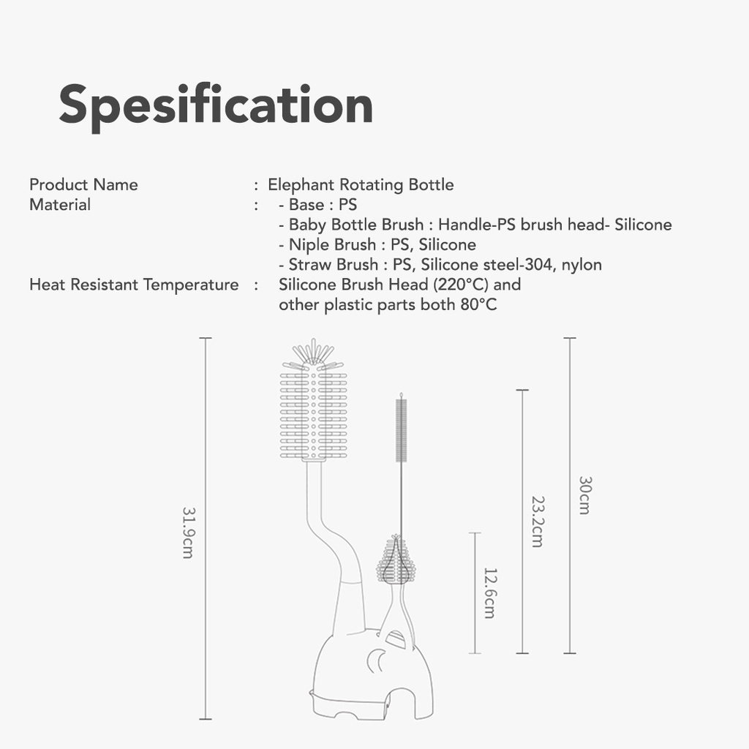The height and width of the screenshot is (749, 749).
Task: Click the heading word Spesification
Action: pyautogui.click(x=216, y=105)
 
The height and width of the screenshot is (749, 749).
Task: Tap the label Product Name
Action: pyautogui.click(x=83, y=184)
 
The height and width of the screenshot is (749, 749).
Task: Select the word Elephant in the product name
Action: pyautogui.click(x=301, y=184)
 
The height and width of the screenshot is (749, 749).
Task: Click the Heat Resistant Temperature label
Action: pyautogui.click(x=134, y=285)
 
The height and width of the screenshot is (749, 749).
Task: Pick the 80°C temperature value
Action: pyautogui.click(x=478, y=304)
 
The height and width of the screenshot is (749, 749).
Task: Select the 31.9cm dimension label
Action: pyautogui.click(x=187, y=532)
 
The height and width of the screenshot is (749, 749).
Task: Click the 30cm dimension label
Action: pyautogui.click(x=584, y=495)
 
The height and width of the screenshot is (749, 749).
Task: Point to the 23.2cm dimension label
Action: pyautogui.click(x=537, y=522)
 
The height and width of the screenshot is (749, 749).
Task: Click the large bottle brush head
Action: pyautogui.click(x=313, y=410)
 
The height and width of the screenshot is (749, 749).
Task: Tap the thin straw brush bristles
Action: pyautogui.click(x=401, y=429)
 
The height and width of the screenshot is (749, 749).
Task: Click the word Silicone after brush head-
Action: pyautogui.click(x=643, y=225)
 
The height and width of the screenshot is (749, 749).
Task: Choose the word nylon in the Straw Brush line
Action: pyautogui.click(x=581, y=265)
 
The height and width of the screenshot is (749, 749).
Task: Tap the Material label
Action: pyautogui.click(x=60, y=205)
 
